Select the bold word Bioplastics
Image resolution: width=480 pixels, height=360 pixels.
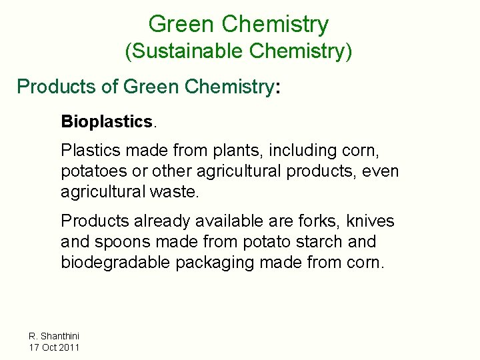[x=107, y=121]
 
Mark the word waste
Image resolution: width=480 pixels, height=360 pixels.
[x=179, y=193]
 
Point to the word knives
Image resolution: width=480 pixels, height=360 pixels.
[x=372, y=221]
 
